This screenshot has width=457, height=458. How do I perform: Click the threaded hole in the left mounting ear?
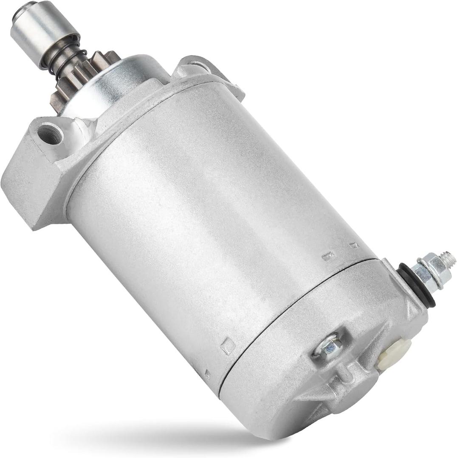pos(51,134)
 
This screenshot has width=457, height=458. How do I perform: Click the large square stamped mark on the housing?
pos(228,346)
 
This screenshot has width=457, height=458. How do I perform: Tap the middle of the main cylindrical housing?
pos(204,221)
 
